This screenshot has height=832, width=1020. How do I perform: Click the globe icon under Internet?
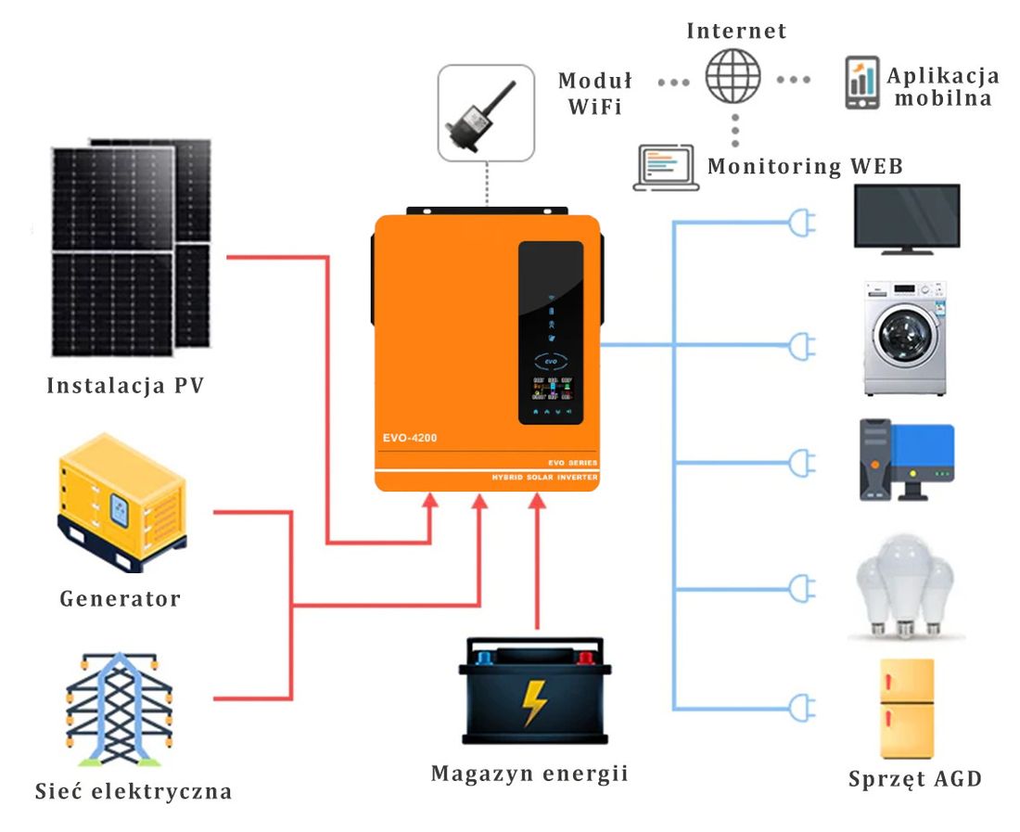pyautogui.click(x=733, y=76)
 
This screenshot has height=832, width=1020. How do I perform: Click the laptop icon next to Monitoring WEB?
pyautogui.click(x=666, y=168)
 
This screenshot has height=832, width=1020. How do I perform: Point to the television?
pyautogui.click(x=905, y=218)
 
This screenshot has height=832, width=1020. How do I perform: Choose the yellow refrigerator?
pyautogui.click(x=906, y=710)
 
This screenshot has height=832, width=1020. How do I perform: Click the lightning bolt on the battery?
pyautogui.click(x=534, y=702)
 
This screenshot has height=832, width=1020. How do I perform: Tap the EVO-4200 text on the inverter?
pyautogui.click(x=410, y=438)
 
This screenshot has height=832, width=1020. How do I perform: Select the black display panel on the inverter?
pyautogui.click(x=550, y=332)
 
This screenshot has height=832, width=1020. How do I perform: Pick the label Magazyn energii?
pyautogui.click(x=529, y=773)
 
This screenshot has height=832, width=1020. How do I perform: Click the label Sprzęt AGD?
pyautogui.click(x=914, y=778)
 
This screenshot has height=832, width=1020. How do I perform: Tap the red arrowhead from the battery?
pyautogui.click(x=537, y=502)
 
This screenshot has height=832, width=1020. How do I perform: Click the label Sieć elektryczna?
pyautogui.click(x=134, y=791)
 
